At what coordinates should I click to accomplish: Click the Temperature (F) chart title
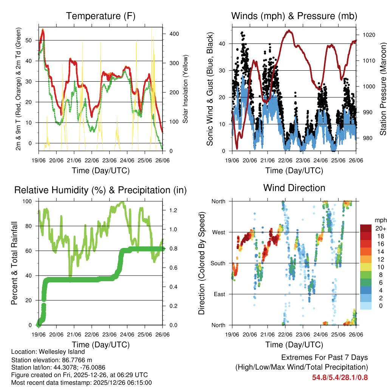tap(100, 16)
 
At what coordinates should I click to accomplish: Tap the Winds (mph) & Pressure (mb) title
tap(294, 16)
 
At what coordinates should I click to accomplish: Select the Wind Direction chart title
tap(294, 188)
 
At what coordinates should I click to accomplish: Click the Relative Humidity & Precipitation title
tap(100, 190)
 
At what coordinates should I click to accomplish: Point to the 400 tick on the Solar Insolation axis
tap(174, 34)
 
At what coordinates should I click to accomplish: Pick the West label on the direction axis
tap(219, 232)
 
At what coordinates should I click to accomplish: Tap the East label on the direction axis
tap(220, 294)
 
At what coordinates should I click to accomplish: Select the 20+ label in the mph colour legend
tap(380, 229)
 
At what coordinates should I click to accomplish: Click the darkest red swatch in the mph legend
tap(366, 229)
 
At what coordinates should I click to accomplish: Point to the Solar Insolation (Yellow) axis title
tap(186, 89)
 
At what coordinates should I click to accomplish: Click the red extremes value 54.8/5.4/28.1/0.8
tap(340, 377)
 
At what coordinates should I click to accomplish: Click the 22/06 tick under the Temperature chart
tap(91, 160)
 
